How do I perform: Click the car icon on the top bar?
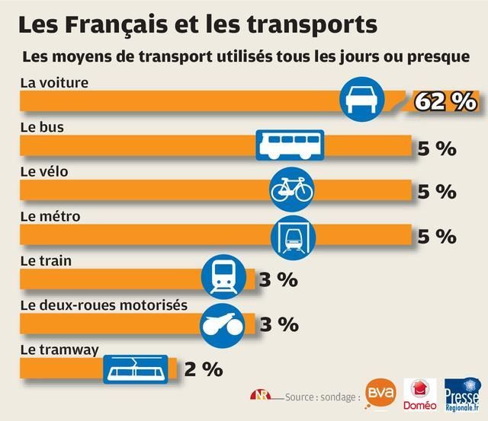coord(361,99)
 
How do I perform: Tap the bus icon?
coord(289,145)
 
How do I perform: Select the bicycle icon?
coord(292,188)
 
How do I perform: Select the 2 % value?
coord(203,369)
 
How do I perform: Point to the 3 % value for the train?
coord(278,279)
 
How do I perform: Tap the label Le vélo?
coord(43,171)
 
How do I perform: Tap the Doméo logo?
coord(418,397)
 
